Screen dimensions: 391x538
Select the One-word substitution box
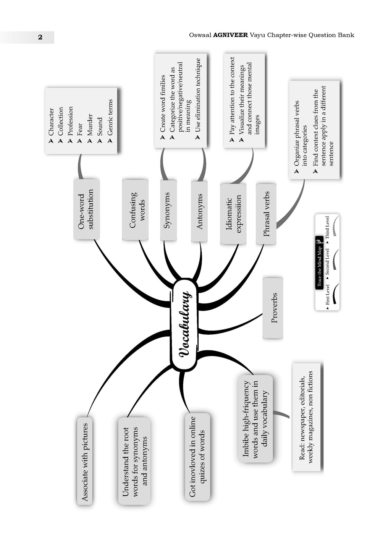coord(86,209)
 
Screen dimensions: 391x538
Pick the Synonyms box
coord(168,210)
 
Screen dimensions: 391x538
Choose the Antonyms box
coord(199,211)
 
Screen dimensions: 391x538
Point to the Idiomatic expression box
coord(233,214)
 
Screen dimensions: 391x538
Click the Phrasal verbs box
coord(266,214)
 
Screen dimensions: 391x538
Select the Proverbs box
coord(273,308)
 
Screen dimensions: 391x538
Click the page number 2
coord(40,37)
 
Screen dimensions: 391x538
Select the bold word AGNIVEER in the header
coord(230,35)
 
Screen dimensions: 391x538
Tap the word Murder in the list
coord(90,125)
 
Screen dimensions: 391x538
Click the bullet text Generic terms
coord(110,117)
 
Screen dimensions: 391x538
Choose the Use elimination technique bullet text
coord(198,95)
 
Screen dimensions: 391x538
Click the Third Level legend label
coord(327,227)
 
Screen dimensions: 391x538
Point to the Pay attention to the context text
coord(232,96)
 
